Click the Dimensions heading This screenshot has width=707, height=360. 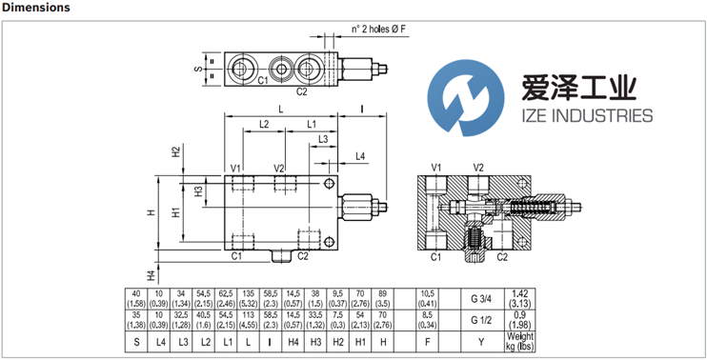coord(35,8)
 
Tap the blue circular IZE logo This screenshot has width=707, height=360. coord(466,98)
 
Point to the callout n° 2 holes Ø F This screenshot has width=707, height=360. coord(379,29)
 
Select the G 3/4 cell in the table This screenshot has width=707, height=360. coord(480,298)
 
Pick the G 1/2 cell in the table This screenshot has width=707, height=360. coord(480,320)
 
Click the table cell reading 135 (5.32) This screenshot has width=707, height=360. coord(248,298)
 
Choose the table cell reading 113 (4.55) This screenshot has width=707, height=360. coord(248,320)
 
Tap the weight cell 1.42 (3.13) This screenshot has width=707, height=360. coord(520,298)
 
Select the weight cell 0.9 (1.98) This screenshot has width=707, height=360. coord(520,320)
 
